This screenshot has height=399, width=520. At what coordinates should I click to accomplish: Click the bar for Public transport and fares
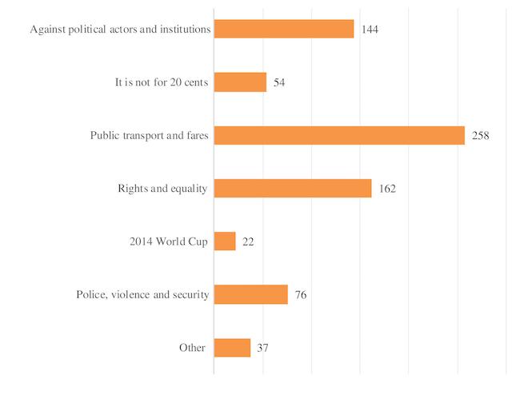339,135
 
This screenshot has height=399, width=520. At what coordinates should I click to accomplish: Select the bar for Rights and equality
293,189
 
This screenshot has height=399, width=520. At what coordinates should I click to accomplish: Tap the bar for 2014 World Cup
225,241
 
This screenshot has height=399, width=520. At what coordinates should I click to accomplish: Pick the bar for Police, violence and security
250,294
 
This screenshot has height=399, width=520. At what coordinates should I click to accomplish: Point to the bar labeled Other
232,348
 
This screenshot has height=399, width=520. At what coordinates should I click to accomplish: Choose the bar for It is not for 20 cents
240,82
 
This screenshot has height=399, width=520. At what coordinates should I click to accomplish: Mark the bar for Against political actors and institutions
284,30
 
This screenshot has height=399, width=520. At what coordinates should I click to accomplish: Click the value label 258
480,136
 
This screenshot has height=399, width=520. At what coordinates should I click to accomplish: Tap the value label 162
387,190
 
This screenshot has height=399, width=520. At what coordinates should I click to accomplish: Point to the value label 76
300,295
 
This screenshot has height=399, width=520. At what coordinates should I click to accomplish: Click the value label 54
279,83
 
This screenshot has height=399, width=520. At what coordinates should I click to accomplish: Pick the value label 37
263,349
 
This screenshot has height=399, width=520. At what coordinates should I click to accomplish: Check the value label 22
249,242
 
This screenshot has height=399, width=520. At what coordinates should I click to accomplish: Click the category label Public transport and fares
150,136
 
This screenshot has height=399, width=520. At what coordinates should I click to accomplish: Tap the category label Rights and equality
162,190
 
